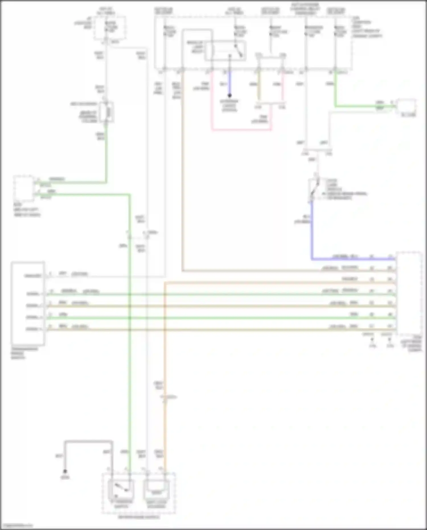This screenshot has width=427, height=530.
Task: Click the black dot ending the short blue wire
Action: pyautogui.click(x=229, y=95)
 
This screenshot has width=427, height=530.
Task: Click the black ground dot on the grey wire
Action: pyautogui.click(x=65, y=471)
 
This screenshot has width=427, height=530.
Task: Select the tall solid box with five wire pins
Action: pyautogui.click(x=28, y=303)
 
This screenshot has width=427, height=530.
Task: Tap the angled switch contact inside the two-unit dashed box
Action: pyautogui.click(x=121, y=488)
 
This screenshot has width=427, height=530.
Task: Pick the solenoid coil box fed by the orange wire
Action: pyautogui.click(x=156, y=489)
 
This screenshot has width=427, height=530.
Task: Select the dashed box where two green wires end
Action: pyautogui.click(x=24, y=188)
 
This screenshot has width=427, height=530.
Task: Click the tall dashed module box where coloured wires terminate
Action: pyautogui.click(x=409, y=293)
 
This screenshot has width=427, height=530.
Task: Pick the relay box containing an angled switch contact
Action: pyautogui.click(x=225, y=51)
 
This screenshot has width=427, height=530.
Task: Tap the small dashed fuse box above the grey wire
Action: pyautogui.click(x=110, y=28)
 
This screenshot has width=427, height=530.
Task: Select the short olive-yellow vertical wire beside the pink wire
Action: pyautogui.click(x=258, y=85)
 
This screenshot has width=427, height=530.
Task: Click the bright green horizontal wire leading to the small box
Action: pyautogui.click(x=364, y=107)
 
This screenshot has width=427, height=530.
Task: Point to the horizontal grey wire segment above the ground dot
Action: pyautogui.click(x=88, y=442)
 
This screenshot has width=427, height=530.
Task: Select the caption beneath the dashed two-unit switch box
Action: pyautogui.click(x=139, y=517)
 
